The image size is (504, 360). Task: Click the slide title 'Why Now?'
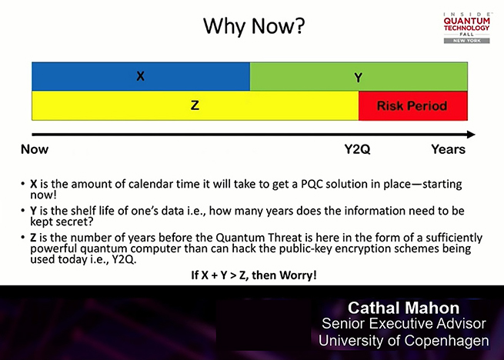coord(254,26)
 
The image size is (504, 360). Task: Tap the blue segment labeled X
coord(141,76)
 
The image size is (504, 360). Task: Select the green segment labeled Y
coord(359,76)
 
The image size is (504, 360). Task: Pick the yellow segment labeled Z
coord(195,105)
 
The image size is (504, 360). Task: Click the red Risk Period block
coord(413,105)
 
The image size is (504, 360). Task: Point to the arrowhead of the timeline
coord(471,135)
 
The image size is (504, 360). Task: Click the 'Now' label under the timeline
coord(35,149)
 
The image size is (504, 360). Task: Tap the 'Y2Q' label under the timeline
coord(357,149)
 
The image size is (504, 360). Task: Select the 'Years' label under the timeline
coord(449,149)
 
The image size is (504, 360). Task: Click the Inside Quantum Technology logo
coord(467,28)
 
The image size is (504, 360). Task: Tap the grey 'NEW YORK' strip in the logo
coord(467,41)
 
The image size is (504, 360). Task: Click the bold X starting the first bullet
coord(34,184)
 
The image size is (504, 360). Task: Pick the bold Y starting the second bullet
coord(33,211)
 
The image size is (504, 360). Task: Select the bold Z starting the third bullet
coord(33,238)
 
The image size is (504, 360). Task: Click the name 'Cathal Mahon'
coord(404,308)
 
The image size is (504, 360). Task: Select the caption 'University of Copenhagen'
coord(404,341)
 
